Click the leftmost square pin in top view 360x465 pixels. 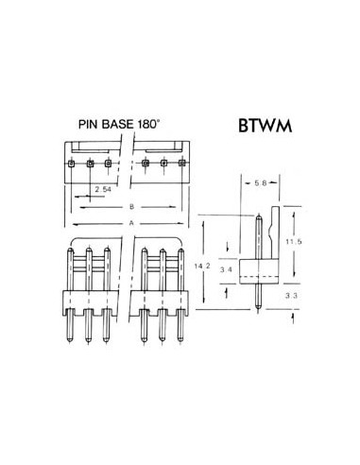pos(72,164)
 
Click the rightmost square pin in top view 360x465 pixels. pos(182,164)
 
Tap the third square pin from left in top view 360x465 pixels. pos(108,164)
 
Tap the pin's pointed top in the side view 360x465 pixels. pos(257,215)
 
